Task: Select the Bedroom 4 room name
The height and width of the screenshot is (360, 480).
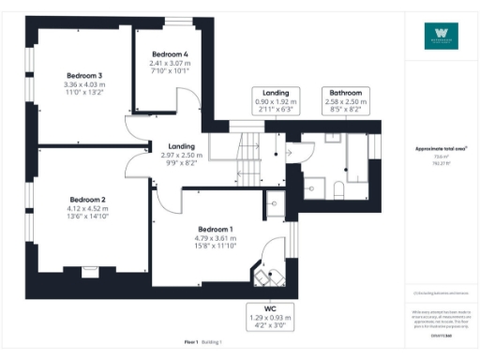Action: click(172, 54)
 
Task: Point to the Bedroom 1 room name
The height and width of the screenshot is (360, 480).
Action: click(216, 230)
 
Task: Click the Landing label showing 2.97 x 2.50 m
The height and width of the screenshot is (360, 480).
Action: click(180, 146)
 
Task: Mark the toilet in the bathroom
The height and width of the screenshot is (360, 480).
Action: click(338, 188)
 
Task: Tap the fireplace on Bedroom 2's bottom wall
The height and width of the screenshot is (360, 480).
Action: click(90, 271)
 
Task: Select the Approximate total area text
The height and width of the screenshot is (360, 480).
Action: click(441, 149)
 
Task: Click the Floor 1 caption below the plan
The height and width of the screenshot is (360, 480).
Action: click(190, 343)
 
